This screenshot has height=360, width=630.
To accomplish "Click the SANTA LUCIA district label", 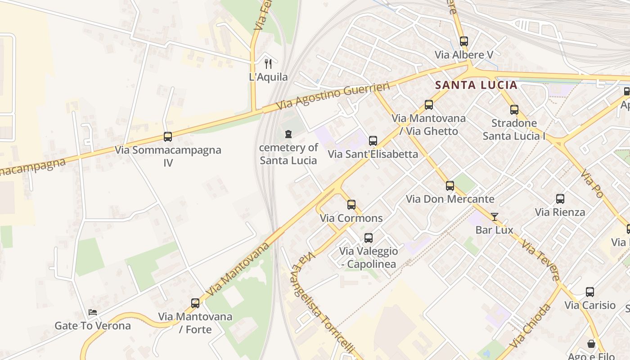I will click(x=476, y=85).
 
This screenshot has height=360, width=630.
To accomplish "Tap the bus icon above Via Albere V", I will click(x=464, y=41).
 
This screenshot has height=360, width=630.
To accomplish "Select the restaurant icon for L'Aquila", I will click(x=268, y=63).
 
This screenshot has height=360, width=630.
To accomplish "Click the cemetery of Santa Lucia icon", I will click(x=288, y=134).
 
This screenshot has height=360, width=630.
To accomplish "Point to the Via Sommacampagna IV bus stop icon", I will click(x=168, y=137).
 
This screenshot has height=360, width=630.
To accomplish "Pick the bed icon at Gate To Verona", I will click(x=93, y=312).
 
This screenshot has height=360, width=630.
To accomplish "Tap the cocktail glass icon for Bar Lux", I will click(x=495, y=216).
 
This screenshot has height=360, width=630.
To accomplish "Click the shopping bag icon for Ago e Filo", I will click(x=591, y=344).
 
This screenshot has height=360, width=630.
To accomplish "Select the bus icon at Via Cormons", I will click(x=351, y=205).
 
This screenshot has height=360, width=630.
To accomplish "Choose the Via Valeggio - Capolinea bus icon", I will click(x=369, y=238).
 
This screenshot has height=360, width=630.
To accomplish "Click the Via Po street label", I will click(x=591, y=184).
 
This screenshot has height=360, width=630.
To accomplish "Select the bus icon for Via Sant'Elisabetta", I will click(x=373, y=141).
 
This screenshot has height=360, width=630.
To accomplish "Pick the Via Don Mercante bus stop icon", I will click(x=450, y=186).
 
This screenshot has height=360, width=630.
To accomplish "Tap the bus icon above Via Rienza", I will click(x=560, y=199).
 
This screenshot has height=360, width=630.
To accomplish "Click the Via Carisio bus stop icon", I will click(x=590, y=292).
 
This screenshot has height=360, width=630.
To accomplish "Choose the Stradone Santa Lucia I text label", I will click(x=514, y=130).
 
